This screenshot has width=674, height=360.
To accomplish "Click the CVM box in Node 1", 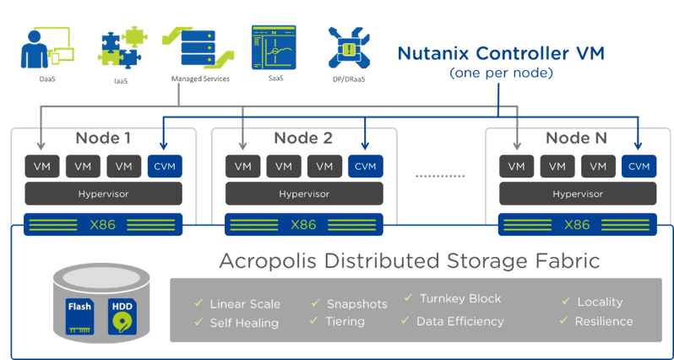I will click(x=165, y=166).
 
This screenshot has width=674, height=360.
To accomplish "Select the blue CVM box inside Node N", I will click(x=639, y=166).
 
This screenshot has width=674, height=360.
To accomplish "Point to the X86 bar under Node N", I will click(x=577, y=225).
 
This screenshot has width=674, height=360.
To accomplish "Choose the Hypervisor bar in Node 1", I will click(x=103, y=194).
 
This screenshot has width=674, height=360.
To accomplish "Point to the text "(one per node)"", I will click(x=502, y=74).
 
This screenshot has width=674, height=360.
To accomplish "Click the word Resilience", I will click(x=603, y=321).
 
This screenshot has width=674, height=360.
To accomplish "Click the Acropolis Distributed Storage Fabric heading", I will click(x=409, y=260).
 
